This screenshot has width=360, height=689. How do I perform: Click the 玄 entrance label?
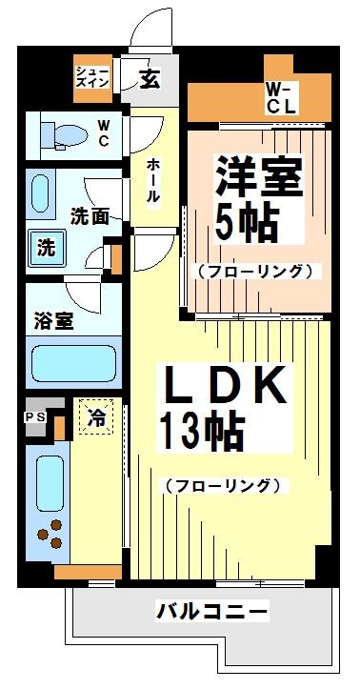coord(150,79)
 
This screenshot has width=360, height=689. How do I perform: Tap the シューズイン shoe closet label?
coord(92,77)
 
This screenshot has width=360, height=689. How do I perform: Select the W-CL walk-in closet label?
coord(281,97)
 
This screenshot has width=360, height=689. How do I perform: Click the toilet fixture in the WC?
coord(61,133)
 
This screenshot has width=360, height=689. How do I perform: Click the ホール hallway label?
coord(152,180)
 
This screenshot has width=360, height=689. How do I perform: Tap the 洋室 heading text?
coord(258,176)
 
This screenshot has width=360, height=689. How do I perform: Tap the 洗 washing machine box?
coord(45,247)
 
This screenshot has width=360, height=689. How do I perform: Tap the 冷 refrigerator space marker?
coord(96,416)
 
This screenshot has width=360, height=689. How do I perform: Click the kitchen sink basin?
coord(49,482)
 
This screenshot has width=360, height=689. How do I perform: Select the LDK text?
coord(227,387)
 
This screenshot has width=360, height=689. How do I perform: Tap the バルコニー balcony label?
coord(212,611)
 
